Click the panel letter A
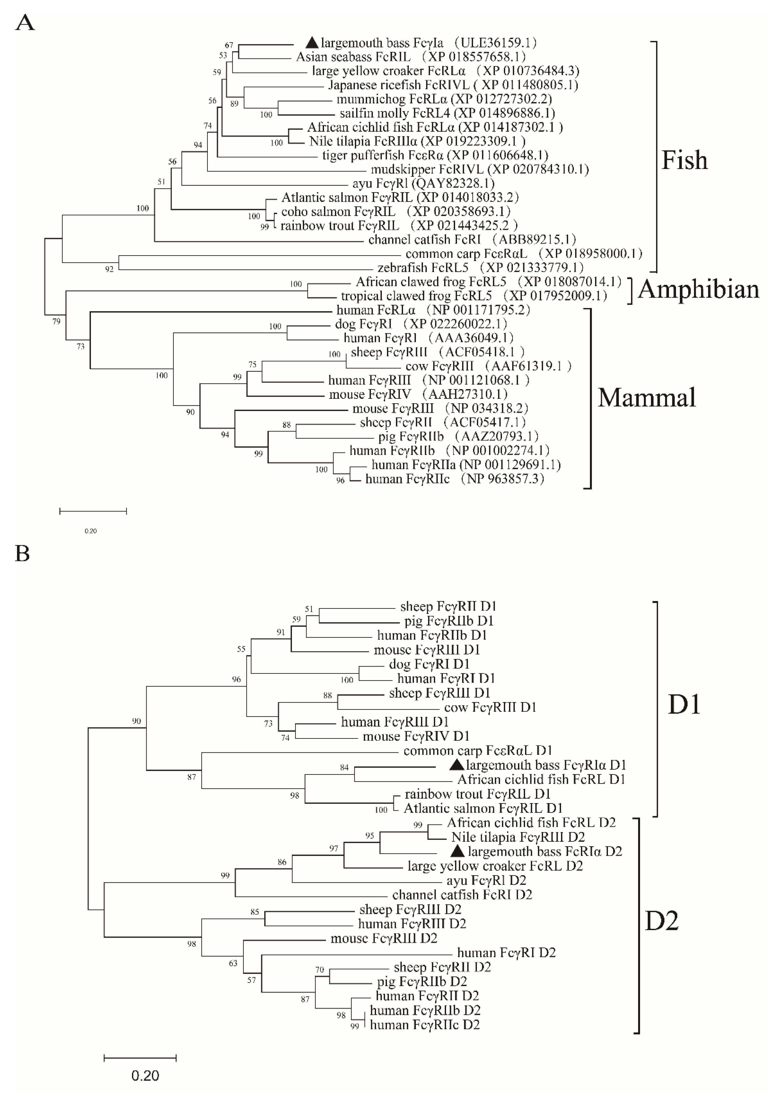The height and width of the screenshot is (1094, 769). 25,22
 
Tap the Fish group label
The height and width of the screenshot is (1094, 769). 684,161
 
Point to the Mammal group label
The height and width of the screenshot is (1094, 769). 647,398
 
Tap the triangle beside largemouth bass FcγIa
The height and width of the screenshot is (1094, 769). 312,42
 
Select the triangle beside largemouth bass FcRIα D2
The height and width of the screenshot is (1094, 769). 458,851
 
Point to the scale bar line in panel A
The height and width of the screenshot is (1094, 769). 93,511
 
